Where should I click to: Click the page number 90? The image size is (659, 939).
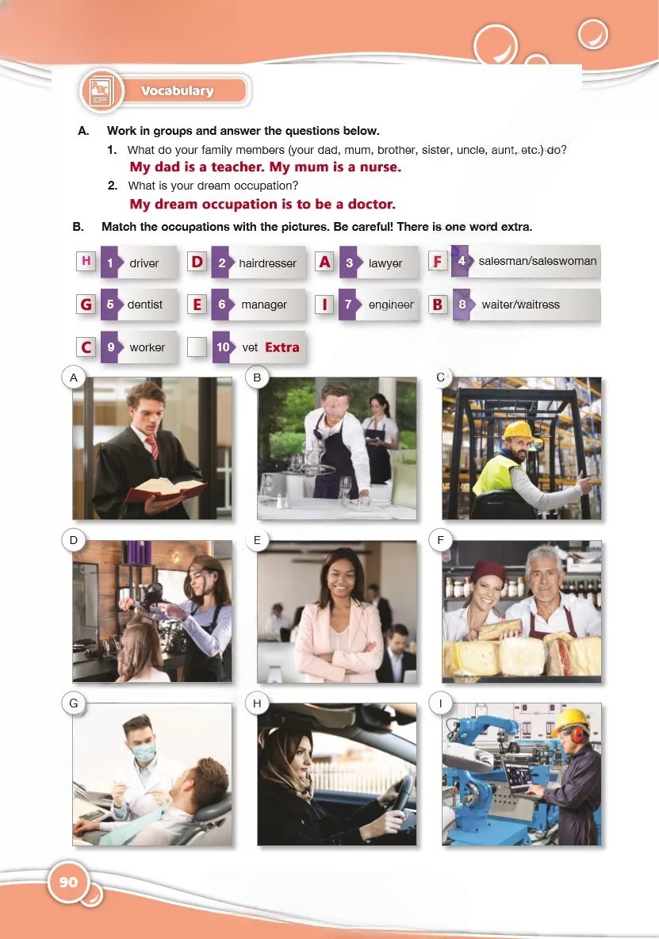pyautogui.click(x=68, y=882)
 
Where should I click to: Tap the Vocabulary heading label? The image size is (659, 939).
pyautogui.click(x=177, y=91)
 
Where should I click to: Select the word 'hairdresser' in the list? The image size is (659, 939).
pyautogui.click(x=267, y=263)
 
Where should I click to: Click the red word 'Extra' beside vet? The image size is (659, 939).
pyautogui.click(x=282, y=347)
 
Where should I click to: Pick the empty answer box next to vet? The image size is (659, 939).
pyautogui.click(x=197, y=347)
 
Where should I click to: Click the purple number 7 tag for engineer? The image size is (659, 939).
pyautogui.click(x=348, y=305)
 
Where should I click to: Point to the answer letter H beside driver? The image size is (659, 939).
pyautogui.click(x=86, y=261)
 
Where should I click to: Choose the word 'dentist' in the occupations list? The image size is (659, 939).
pyautogui.click(x=145, y=305)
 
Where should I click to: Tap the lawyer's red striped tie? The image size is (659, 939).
pyautogui.click(x=152, y=447)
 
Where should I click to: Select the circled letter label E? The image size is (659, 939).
pyautogui.click(x=258, y=540)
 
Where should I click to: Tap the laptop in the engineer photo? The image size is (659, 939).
pyautogui.click(x=519, y=780)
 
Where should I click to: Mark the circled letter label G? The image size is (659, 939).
pyautogui.click(x=74, y=703)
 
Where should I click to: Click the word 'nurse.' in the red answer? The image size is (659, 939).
pyautogui.click(x=380, y=167)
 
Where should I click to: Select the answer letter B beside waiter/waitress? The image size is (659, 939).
pyautogui.click(x=438, y=305)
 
